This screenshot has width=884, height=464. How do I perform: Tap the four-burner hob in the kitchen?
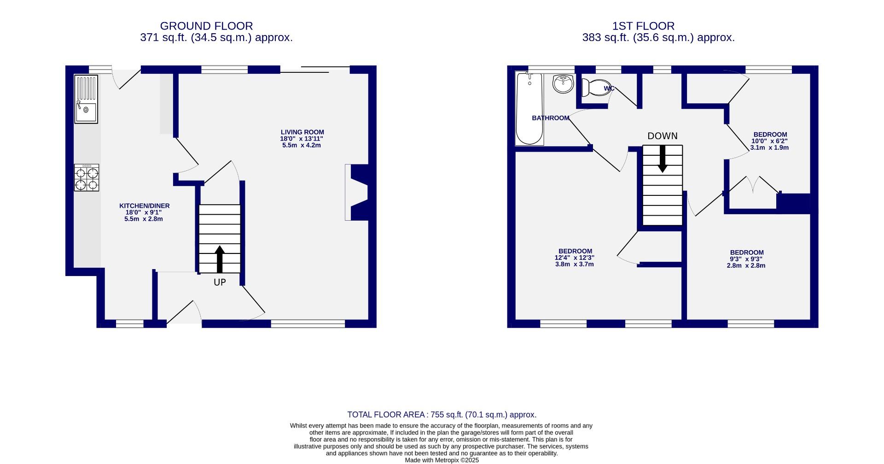pos(87,178)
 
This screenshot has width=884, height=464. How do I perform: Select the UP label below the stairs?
pos(220,282)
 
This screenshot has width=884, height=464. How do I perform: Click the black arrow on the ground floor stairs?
pos(220,258)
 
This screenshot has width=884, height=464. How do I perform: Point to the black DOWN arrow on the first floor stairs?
pos(662,159)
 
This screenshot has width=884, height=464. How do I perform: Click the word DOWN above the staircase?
pos(662,136)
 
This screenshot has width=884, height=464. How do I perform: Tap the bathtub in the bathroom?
pos(529,109)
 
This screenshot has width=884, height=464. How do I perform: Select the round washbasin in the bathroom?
pos(563,84)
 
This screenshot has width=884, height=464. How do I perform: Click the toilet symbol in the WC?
pos(594,87)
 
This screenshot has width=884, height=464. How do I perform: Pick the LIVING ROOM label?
pos(302,132)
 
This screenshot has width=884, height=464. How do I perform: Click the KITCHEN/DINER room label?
pos(144,206)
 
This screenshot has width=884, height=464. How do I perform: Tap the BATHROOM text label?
pos(550,118)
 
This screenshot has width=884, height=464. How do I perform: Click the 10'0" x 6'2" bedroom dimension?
pos(769,141)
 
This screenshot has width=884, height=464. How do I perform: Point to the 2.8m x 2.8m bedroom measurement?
pos(746,265)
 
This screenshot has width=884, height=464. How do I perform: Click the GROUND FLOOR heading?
pos(206,26)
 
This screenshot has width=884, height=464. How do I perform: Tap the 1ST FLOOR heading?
pos(643,26)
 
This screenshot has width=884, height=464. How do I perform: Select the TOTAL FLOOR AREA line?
pos(442,415)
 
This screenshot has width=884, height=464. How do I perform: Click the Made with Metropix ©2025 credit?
pos(442,460)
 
